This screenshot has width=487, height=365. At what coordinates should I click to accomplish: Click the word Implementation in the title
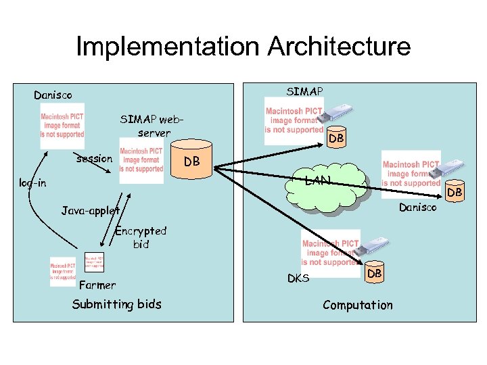(x=167, y=47)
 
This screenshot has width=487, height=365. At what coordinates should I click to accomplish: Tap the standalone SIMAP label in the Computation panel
(x=304, y=91)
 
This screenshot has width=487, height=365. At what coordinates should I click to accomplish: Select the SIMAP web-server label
(x=152, y=126)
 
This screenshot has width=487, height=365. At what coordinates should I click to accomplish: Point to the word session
(x=94, y=159)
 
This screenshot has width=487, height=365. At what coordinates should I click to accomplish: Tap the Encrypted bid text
(x=140, y=237)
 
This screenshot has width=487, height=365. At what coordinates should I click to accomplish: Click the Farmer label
(x=97, y=285)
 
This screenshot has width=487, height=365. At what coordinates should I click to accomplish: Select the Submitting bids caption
(x=117, y=304)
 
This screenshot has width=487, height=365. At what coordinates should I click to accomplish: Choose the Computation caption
(x=357, y=305)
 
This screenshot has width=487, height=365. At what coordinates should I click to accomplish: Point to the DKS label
(x=298, y=278)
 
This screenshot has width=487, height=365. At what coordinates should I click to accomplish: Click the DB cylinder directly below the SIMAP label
(x=335, y=137)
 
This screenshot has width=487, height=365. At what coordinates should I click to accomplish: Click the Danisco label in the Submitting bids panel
(x=53, y=95)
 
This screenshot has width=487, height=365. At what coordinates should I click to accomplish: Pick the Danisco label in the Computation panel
(x=418, y=208)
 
